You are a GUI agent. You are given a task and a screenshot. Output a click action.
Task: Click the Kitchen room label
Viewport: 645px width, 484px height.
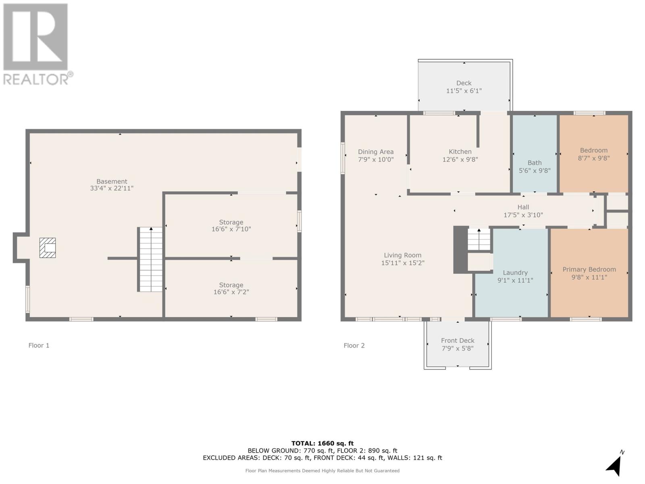click(x=460, y=152)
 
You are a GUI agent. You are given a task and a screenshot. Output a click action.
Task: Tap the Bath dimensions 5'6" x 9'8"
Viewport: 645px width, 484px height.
click(x=535, y=170)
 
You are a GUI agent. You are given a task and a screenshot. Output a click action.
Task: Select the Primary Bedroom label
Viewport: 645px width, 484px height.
click(x=589, y=269)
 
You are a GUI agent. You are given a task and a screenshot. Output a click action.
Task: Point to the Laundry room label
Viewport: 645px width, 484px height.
click(x=515, y=273)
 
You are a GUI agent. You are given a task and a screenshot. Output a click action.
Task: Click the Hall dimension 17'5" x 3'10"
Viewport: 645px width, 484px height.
click(x=523, y=215)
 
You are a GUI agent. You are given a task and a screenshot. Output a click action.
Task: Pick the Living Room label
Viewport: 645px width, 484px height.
click(x=402, y=255)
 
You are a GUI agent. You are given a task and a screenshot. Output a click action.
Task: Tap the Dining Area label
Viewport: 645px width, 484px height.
click(x=376, y=152)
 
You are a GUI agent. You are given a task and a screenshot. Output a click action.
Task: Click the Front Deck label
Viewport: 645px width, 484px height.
click(x=458, y=340)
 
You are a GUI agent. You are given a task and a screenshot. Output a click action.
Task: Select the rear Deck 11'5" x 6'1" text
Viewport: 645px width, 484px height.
click(x=464, y=91)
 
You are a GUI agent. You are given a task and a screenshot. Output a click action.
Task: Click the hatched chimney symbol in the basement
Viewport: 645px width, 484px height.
click(x=48, y=248)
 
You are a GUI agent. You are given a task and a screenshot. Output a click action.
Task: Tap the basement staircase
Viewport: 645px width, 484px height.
click(x=151, y=260)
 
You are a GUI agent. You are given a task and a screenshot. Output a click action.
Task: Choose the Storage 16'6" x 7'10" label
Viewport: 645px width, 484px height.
click(x=231, y=225)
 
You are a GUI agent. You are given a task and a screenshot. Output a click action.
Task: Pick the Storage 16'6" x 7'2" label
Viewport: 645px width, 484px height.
click(x=231, y=288)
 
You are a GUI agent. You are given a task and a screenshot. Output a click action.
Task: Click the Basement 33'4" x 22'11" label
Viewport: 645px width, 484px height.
click(x=112, y=185)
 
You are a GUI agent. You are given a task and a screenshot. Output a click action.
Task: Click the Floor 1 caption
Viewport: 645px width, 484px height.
click(x=39, y=345)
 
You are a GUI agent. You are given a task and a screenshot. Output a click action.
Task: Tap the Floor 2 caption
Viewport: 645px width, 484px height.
click(x=354, y=345)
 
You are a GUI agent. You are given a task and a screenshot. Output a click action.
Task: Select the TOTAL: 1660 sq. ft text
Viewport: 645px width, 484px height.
click(x=322, y=443)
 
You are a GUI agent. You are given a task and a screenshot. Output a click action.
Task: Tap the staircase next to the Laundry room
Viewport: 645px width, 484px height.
click(x=479, y=240)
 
